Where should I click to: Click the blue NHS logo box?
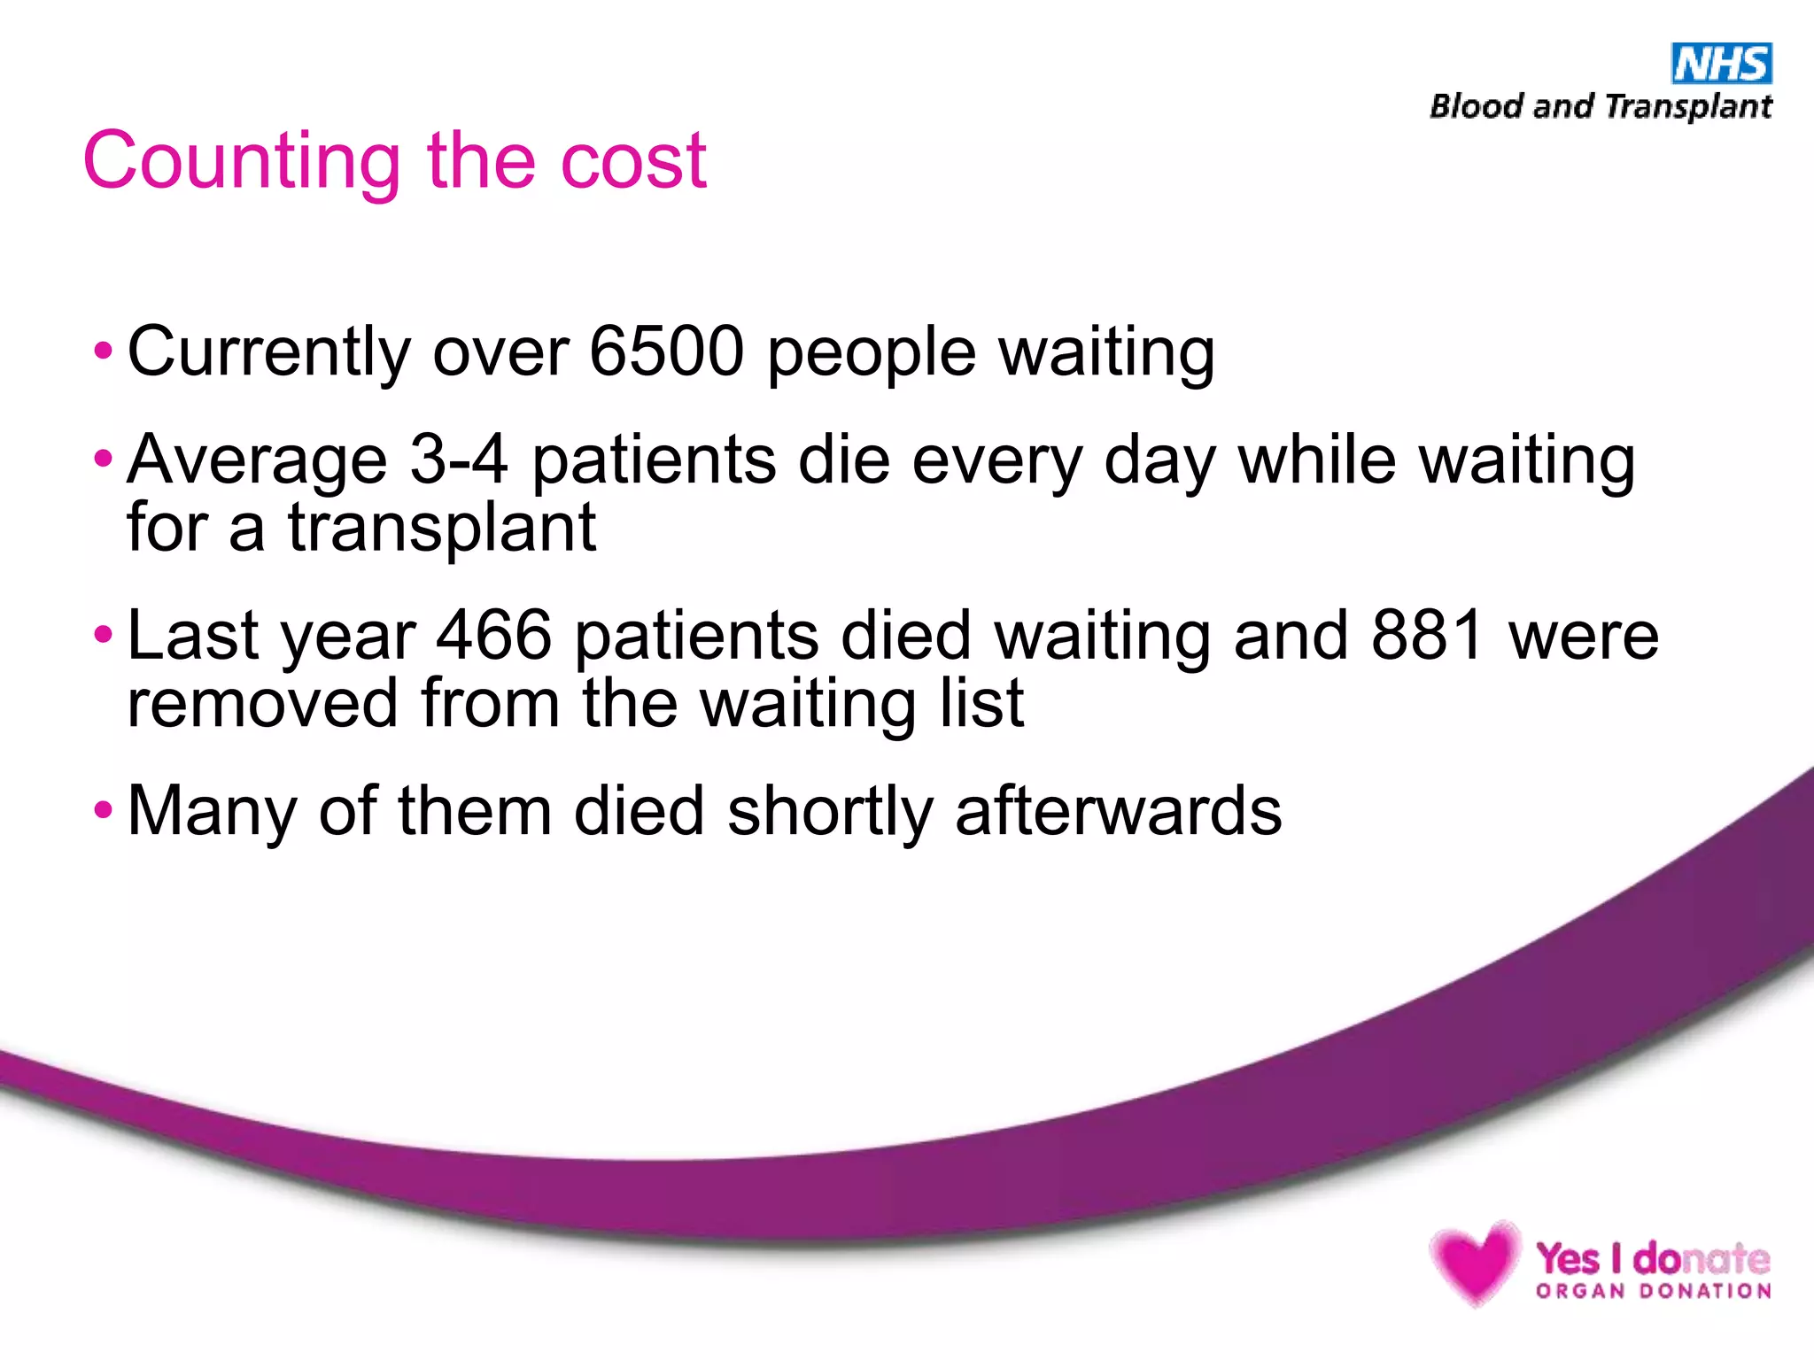click(x=1721, y=64)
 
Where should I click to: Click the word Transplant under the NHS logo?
click(x=1688, y=107)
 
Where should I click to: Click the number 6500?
click(x=666, y=352)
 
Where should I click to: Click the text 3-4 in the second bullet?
click(x=459, y=460)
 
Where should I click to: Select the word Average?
click(x=257, y=460)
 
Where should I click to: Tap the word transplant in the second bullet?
click(x=441, y=528)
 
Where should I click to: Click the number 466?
click(x=494, y=635)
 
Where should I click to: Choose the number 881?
click(x=1427, y=635)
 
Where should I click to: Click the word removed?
click(x=262, y=703)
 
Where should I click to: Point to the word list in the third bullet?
click(x=981, y=703)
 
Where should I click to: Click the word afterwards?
click(x=1118, y=811)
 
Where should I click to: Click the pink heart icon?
click(x=1475, y=1261)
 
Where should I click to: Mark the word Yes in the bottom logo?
click(x=1569, y=1257)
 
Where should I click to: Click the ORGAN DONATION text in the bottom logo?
click(x=1654, y=1291)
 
